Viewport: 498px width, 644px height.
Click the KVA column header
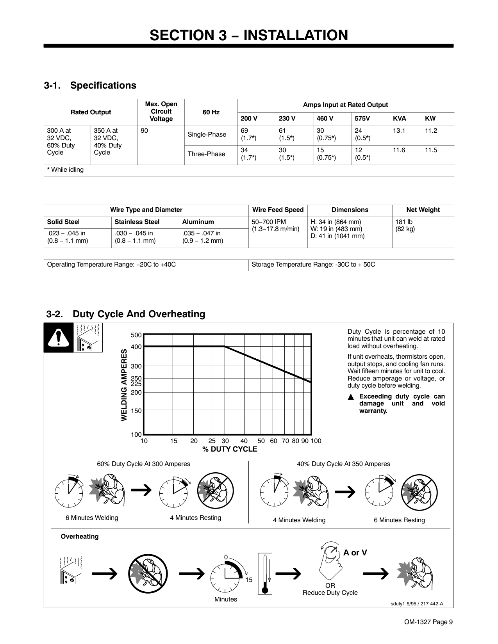point(399,119)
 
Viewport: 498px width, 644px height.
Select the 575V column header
point(362,119)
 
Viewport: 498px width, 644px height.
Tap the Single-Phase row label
point(207,135)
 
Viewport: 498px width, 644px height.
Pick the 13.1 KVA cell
point(399,131)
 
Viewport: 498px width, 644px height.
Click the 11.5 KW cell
point(431,150)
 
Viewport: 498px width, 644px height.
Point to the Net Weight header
point(423,210)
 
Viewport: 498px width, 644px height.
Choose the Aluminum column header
point(198,222)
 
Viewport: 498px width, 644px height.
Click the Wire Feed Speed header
point(278,210)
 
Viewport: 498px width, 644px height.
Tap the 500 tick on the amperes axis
point(136,335)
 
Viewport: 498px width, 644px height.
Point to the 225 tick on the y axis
point(136,384)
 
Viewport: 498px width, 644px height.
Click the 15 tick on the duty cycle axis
point(173,441)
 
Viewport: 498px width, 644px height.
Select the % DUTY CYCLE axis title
point(230,449)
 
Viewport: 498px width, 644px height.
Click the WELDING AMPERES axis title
point(124,385)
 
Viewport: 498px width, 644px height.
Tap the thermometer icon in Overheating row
point(265,573)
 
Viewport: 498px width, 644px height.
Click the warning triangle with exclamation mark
point(59,338)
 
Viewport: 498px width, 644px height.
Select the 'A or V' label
point(355,553)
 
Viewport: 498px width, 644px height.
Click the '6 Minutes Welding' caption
point(92,518)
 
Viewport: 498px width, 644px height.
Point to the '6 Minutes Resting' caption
point(399,520)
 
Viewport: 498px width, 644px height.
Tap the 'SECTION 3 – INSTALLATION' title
point(249,36)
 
